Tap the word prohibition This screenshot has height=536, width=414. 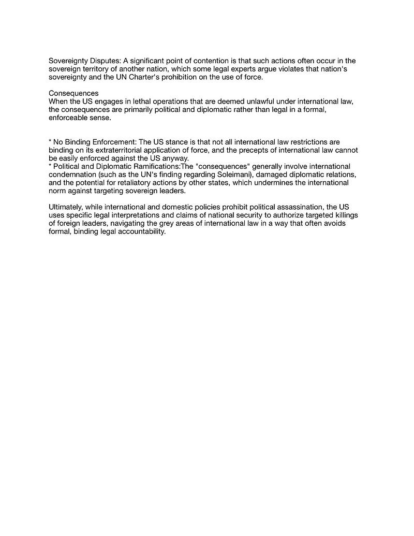click(x=188, y=77)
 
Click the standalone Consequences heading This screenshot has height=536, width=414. click(x=73, y=93)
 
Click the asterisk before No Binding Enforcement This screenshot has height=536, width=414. click(x=50, y=142)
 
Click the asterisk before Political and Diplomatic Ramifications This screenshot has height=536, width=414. click(x=50, y=166)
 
